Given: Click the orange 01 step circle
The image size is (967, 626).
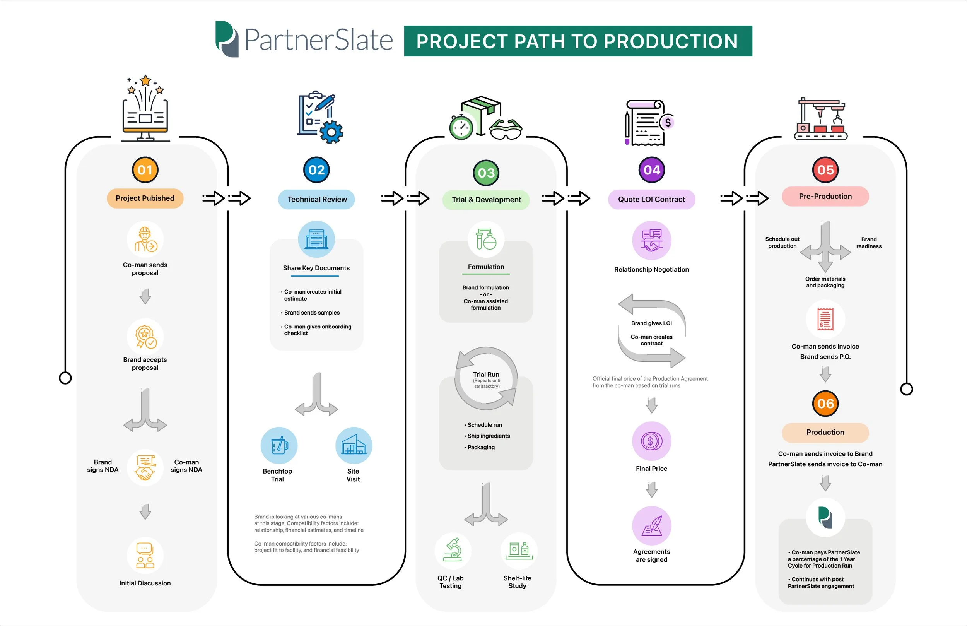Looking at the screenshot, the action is pos(145,170).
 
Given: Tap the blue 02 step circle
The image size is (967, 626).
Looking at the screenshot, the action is pos(316,170).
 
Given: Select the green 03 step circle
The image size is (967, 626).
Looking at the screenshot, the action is pos(486,173).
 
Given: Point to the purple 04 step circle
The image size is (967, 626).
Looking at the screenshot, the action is pos(652,170).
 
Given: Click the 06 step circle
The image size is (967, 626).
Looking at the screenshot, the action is pos(825,404).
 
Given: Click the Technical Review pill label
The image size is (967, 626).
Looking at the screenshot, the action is pos(316,199).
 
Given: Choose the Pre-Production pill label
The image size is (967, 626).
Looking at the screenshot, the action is pos(825,196).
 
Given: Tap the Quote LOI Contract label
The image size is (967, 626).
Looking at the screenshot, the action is pos(651,199).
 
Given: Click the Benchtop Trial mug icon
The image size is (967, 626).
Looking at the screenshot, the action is pos(279,446).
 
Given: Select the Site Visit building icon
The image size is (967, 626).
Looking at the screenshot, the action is pos(354,446).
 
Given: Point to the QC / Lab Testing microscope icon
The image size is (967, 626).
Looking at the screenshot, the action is pos(453,551).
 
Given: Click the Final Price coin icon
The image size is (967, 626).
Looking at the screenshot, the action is pos(652,441).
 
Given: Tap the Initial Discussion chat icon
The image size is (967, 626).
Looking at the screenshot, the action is pos(145,555).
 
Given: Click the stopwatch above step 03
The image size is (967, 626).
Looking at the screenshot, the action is pos(461,127).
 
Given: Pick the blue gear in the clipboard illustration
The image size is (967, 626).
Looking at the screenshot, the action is pos(331,132).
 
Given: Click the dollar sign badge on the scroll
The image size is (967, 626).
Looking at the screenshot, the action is pos(667,122).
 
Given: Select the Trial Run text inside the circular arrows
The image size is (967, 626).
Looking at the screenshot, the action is pos(486,375).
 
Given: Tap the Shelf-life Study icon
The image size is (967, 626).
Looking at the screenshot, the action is pos(519,551).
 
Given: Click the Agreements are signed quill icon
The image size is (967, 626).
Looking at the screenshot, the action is pos(652,525).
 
